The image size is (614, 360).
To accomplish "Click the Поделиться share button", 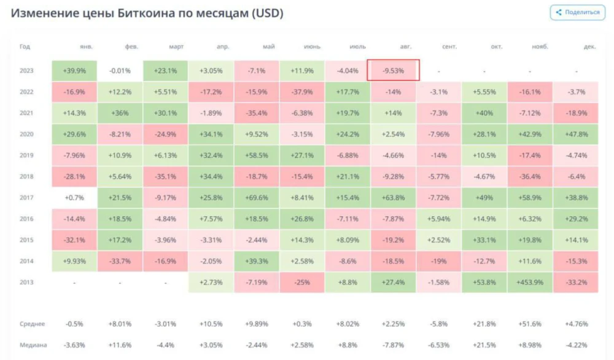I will coord(578,12).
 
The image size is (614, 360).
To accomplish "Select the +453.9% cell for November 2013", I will coord(530,282).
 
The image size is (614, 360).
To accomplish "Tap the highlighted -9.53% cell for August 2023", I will coord(393,70).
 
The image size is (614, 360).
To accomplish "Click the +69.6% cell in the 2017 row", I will coord(256,197).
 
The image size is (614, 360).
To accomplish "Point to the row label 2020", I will coord(26,134).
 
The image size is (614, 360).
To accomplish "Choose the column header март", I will coord(176,47).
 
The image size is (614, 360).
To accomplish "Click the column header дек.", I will coord(590,47).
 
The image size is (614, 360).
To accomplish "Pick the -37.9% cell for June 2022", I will coord(302,92).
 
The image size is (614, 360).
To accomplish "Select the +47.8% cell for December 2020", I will coord(576,134).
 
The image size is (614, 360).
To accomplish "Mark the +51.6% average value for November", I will coord(530,324).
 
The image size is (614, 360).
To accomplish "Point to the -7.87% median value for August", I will coord(393,345).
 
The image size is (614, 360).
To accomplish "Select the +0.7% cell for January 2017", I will coord(74,197).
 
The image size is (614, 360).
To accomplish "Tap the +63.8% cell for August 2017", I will coord(393,197).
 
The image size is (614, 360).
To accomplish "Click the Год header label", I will coord(25,47).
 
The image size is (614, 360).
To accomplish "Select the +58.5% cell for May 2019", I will coord(256,155).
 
